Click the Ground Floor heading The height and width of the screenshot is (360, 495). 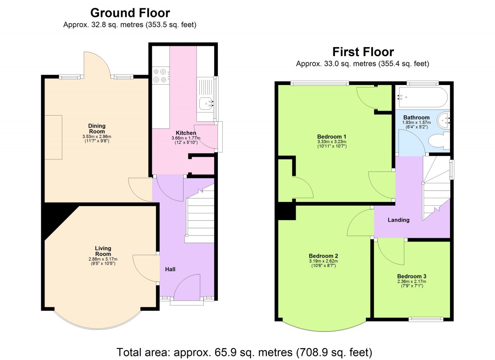130,13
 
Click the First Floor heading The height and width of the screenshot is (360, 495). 363,52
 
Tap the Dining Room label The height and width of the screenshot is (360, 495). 97,129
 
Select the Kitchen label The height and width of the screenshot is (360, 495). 186,133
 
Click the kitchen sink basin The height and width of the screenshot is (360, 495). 206,104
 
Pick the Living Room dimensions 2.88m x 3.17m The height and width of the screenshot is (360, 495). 103,259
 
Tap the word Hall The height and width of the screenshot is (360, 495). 170,269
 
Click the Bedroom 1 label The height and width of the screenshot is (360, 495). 332,137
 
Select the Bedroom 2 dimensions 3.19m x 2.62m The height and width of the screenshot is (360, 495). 323,261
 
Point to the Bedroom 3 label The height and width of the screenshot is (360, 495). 412,276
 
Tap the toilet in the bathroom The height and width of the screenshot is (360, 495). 439,141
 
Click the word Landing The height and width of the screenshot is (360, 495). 398,220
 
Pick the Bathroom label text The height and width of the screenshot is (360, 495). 416,117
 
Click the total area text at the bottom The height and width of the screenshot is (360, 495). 244,352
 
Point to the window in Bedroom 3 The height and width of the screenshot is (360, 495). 426,319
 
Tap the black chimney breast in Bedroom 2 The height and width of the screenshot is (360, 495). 287,211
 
